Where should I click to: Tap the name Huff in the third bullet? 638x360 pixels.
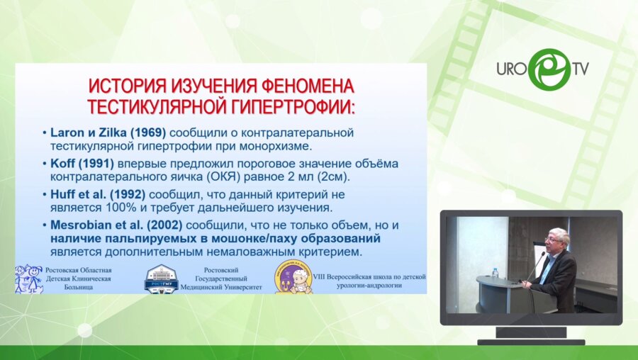[x=62, y=194]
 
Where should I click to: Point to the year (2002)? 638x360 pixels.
[x=160, y=225]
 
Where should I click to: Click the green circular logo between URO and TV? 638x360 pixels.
[x=548, y=69]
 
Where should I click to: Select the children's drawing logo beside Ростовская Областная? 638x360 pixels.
[x=28, y=279]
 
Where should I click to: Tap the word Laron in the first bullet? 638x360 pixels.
[x=68, y=133]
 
